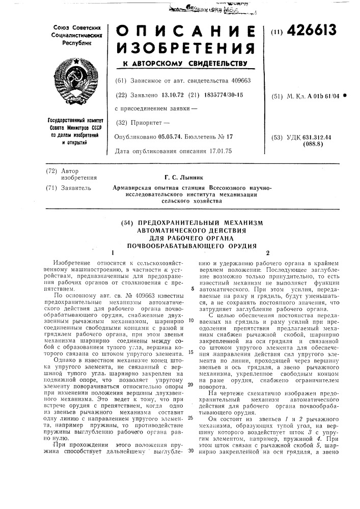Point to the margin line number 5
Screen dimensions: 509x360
pyautogui.click(x=192, y=289)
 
